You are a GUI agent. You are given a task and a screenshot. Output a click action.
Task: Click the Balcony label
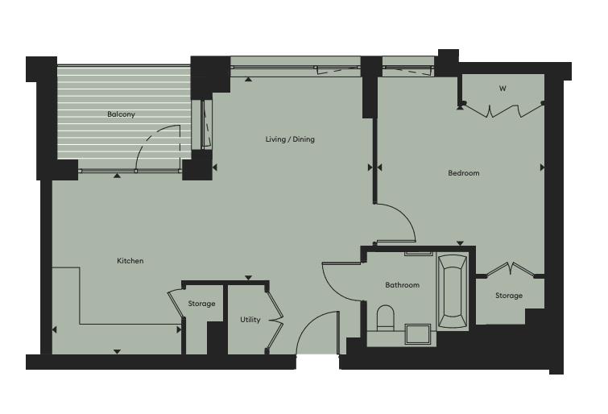coord(121,114)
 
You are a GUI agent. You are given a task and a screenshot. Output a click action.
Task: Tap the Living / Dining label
coord(290,139)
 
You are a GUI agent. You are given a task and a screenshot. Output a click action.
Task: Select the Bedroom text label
coord(463,173)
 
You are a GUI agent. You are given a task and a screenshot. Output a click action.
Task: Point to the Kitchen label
coord(130,261)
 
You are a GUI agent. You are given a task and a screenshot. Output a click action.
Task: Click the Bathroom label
coord(402,285)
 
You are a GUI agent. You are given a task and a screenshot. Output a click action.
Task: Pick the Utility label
coord(250,320)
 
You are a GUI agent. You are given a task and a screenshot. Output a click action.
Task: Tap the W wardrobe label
coord(503,89)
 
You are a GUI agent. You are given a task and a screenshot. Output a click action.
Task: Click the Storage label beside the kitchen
coord(201,304)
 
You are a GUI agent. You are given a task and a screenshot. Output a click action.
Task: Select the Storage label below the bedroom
coord(509,296)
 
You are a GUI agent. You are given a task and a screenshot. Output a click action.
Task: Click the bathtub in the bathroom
coord(453,292)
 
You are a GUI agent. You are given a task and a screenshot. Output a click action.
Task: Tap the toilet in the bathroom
coord(386,318)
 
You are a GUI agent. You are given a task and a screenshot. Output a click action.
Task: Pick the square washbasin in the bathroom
coord(418,334)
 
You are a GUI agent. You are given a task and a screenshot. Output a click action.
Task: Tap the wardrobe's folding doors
coord(503,110)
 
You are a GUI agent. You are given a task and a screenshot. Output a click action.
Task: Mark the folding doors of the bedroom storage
coord(511,268)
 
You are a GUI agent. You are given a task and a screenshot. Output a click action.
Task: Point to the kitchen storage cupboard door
coord(175,304)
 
